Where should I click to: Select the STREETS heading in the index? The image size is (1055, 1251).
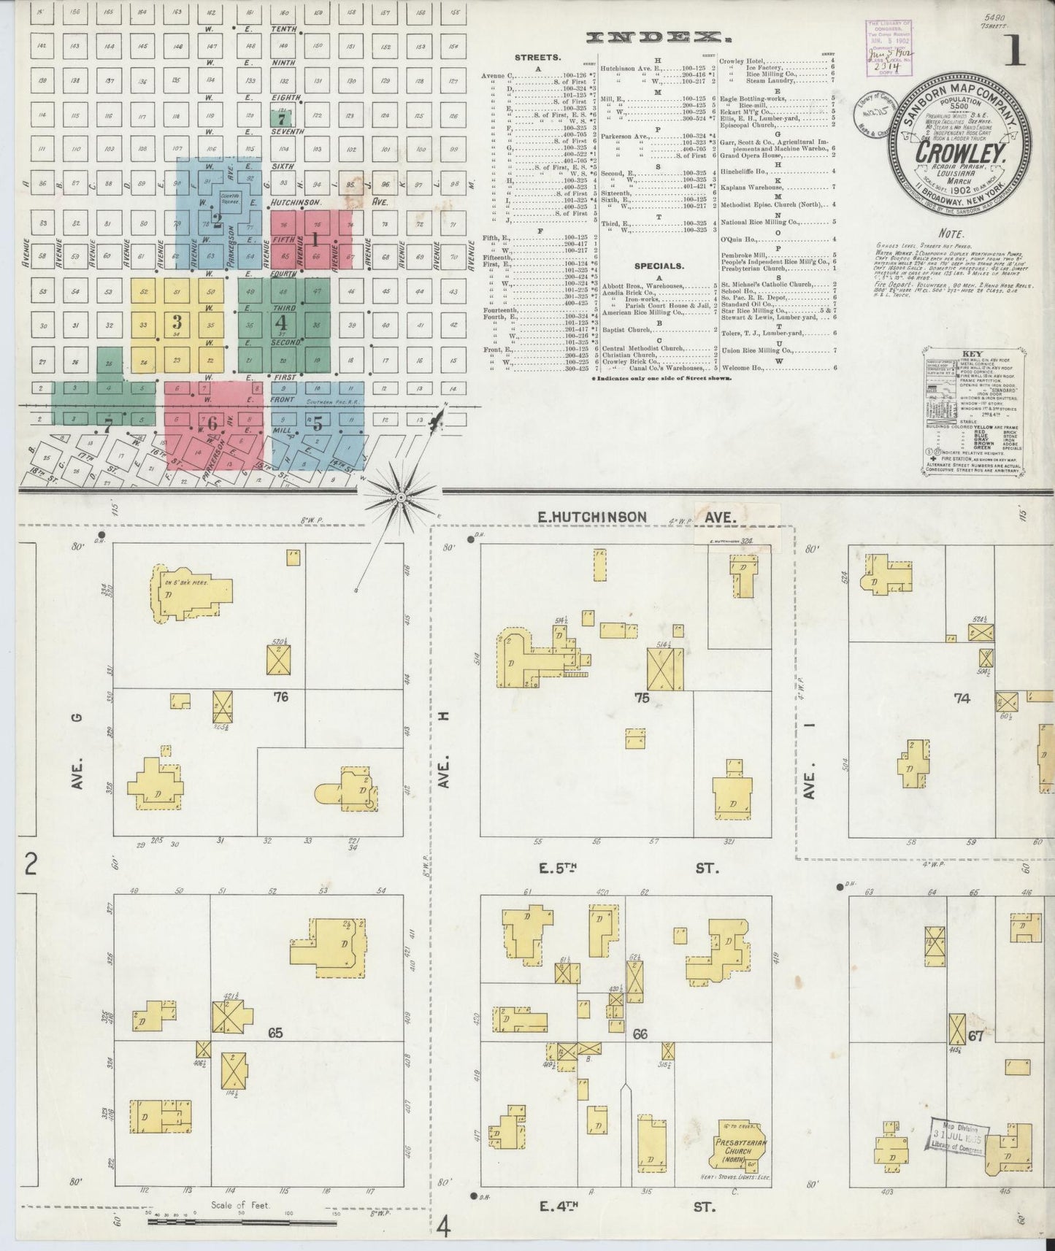pos(537,57)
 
